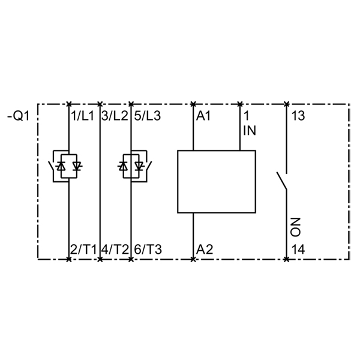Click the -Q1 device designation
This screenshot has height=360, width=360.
click(19, 116)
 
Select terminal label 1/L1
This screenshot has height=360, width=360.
click(83, 116)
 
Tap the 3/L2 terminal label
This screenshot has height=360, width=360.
click(115, 116)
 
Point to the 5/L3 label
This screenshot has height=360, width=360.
click(147, 116)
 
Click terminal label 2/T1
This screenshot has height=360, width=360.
click(83, 250)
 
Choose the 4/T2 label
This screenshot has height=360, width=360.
click(115, 250)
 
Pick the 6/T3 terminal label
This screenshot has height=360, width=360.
click(148, 250)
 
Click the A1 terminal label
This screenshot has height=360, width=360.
click(203, 116)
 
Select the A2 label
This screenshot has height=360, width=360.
click(205, 250)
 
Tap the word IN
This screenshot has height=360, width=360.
click(250, 130)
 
